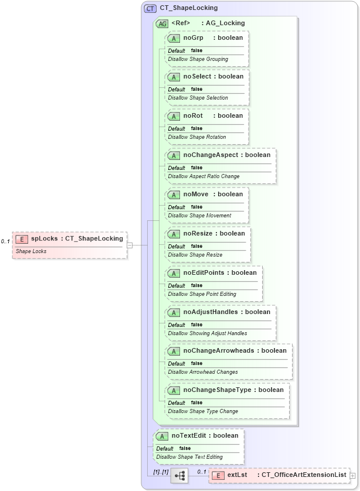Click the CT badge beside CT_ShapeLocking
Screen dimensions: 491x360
click(x=151, y=8)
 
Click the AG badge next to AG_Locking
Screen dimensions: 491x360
click(x=162, y=23)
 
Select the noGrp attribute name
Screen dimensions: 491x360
click(x=193, y=37)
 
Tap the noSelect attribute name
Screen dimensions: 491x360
click(x=198, y=77)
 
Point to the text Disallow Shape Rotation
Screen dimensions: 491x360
click(x=197, y=137)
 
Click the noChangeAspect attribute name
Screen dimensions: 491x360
click(x=210, y=155)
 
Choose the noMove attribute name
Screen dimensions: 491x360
click(x=196, y=195)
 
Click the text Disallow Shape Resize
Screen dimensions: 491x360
click(x=195, y=255)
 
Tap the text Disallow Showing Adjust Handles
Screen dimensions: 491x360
click(x=208, y=333)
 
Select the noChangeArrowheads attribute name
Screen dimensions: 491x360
click(x=218, y=351)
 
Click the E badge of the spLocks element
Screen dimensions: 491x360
click(x=22, y=239)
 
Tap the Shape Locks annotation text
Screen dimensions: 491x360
click(x=31, y=251)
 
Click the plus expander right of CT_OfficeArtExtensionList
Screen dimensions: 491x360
click(x=352, y=475)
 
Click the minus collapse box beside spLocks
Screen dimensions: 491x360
click(x=130, y=245)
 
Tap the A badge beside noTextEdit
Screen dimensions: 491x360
click(x=161, y=436)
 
